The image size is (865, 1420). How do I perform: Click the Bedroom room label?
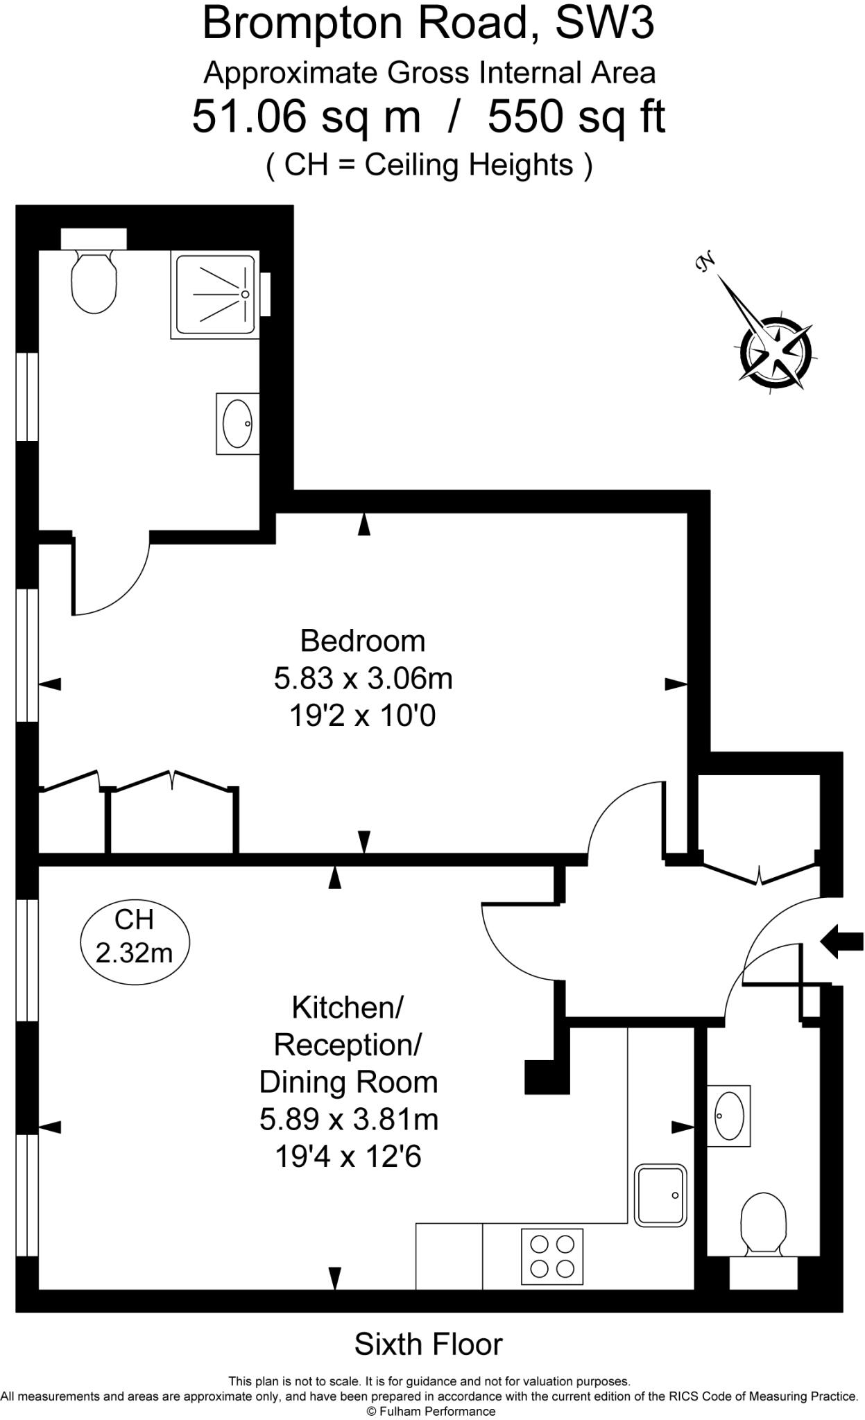(362, 641)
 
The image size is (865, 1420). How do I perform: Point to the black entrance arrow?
(841, 942)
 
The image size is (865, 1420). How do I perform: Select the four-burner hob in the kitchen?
(552, 1256)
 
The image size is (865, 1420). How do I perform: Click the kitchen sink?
(661, 1195)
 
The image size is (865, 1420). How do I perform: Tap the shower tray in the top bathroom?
(215, 295)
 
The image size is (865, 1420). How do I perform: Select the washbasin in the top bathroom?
(238, 424)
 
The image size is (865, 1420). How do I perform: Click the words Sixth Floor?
(429, 1344)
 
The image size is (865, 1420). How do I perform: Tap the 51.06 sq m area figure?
(306, 116)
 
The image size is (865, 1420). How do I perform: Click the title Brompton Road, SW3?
(429, 24)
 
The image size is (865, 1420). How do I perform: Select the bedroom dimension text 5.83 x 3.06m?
(363, 678)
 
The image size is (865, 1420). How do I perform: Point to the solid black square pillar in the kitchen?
(547, 1077)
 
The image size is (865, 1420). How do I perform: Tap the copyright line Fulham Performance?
(431, 1411)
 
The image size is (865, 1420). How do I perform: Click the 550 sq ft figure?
(576, 116)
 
